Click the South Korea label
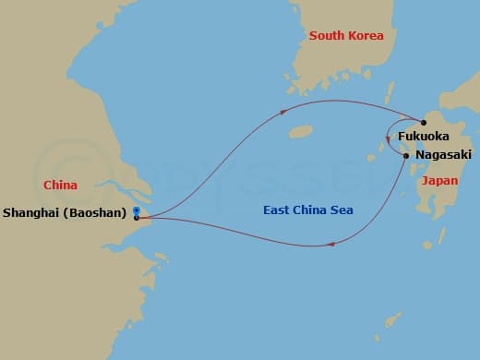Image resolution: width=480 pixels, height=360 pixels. (x=346, y=36)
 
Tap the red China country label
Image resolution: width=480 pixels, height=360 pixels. (x=60, y=186)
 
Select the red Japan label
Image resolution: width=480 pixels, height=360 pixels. (x=439, y=181)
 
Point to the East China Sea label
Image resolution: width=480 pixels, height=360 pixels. (x=306, y=210)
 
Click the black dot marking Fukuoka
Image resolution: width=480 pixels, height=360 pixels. (x=424, y=123)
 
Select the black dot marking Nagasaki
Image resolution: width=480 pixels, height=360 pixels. (x=406, y=155)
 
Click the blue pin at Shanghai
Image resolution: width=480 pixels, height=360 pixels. (x=137, y=212)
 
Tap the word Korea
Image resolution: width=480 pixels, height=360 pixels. (x=365, y=36)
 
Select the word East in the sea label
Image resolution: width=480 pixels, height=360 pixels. (x=276, y=210)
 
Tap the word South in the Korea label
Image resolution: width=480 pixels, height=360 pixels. (x=326, y=36)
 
